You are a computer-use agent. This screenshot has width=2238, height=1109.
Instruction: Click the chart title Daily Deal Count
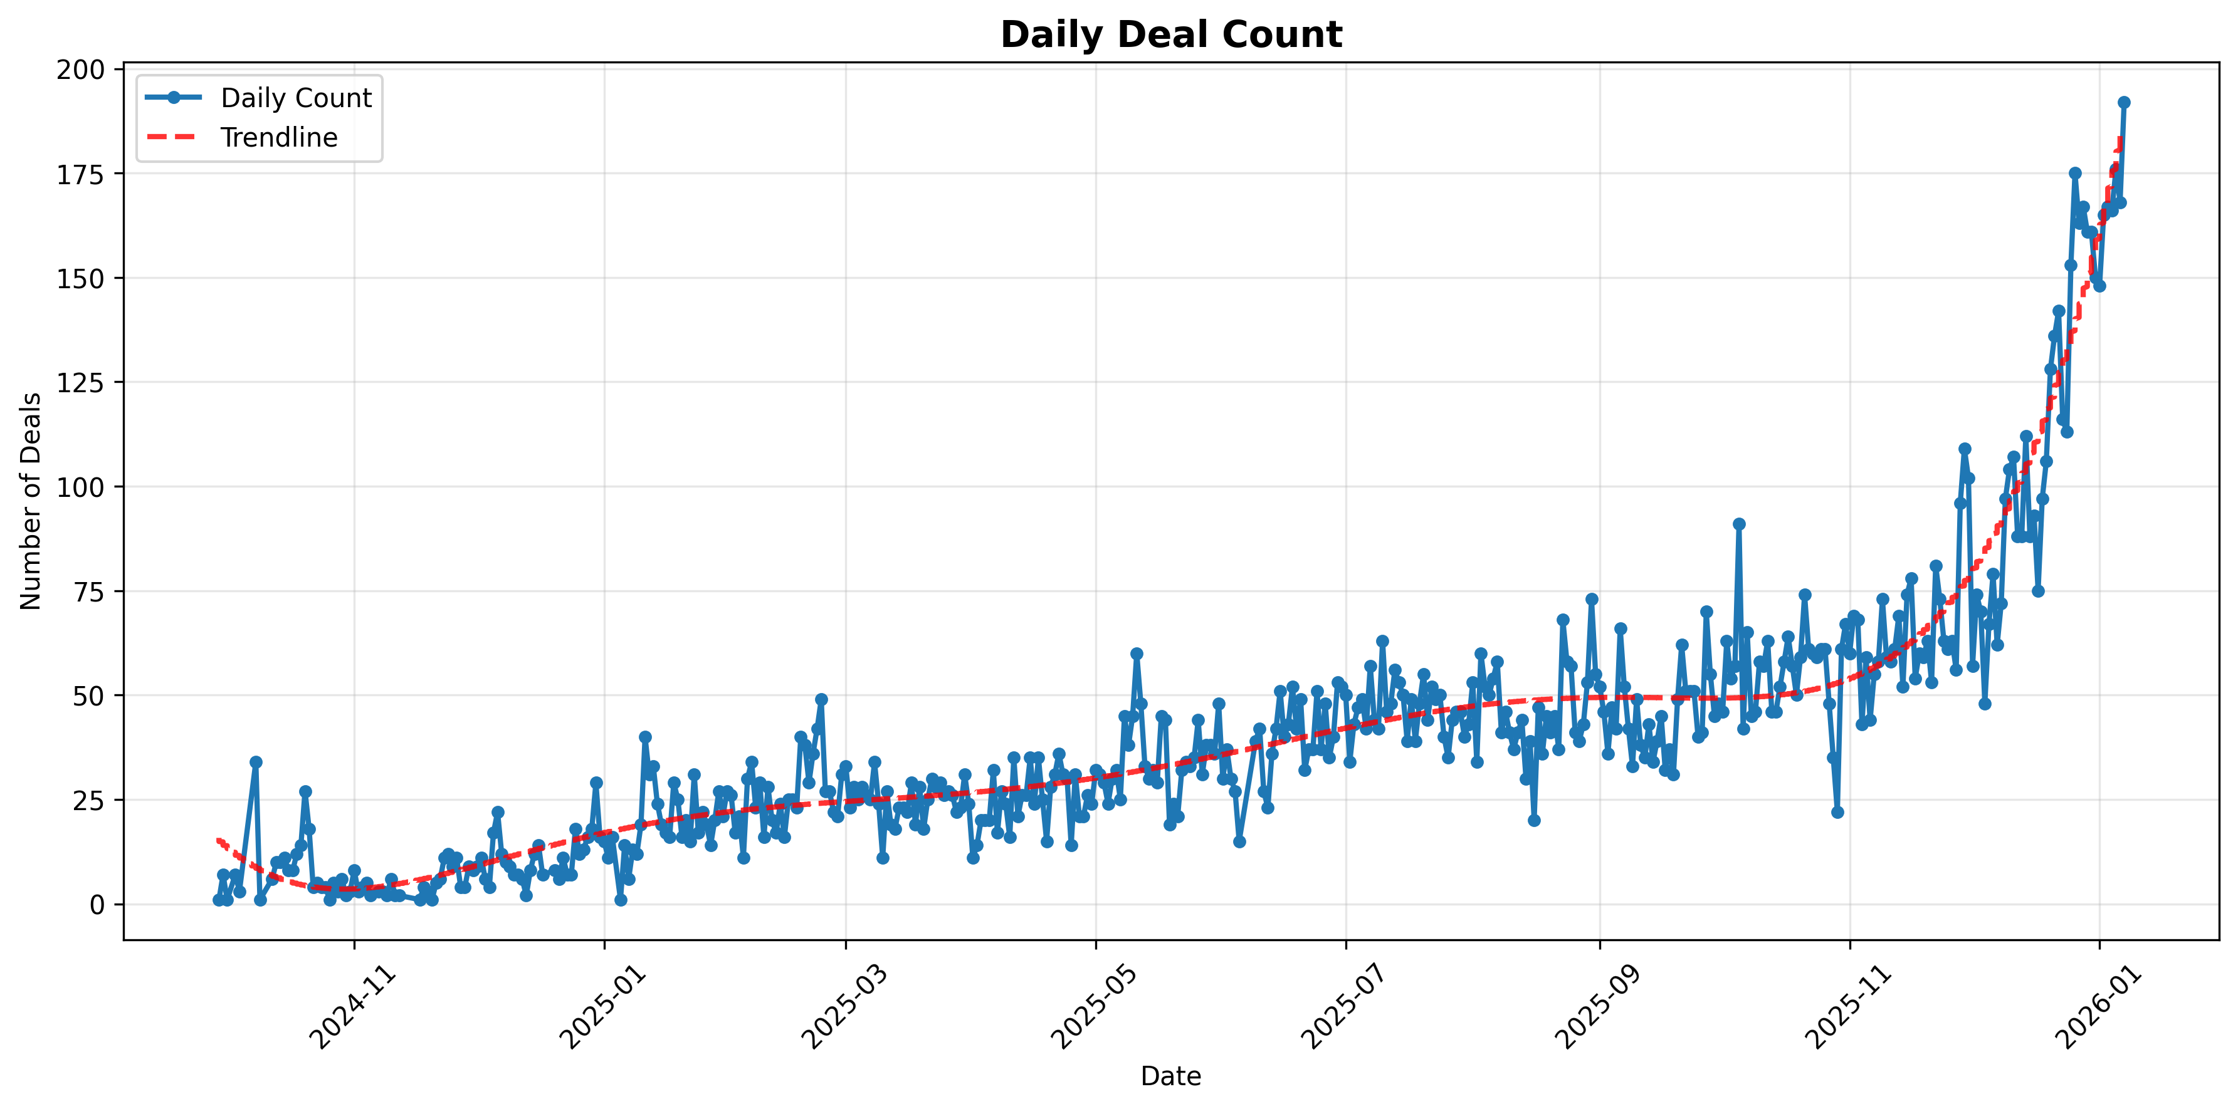tap(1170, 34)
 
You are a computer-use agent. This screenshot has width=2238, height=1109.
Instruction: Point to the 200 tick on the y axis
tap(80, 70)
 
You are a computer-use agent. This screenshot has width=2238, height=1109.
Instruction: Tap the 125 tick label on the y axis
tap(80, 382)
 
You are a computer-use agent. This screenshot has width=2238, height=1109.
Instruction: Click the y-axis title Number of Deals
tap(31, 501)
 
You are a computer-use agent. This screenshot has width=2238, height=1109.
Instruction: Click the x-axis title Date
tap(1170, 1077)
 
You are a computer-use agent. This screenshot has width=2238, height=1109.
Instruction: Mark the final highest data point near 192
tap(2123, 103)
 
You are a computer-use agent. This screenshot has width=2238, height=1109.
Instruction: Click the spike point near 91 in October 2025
tap(1738, 524)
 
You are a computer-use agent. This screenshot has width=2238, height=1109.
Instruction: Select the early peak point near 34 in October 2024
tap(255, 762)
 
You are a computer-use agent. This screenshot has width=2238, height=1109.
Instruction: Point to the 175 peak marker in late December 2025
tap(2074, 173)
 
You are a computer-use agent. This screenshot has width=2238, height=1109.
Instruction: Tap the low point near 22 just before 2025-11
tap(1837, 812)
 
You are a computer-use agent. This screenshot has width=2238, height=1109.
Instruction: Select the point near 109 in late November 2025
tap(1964, 449)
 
